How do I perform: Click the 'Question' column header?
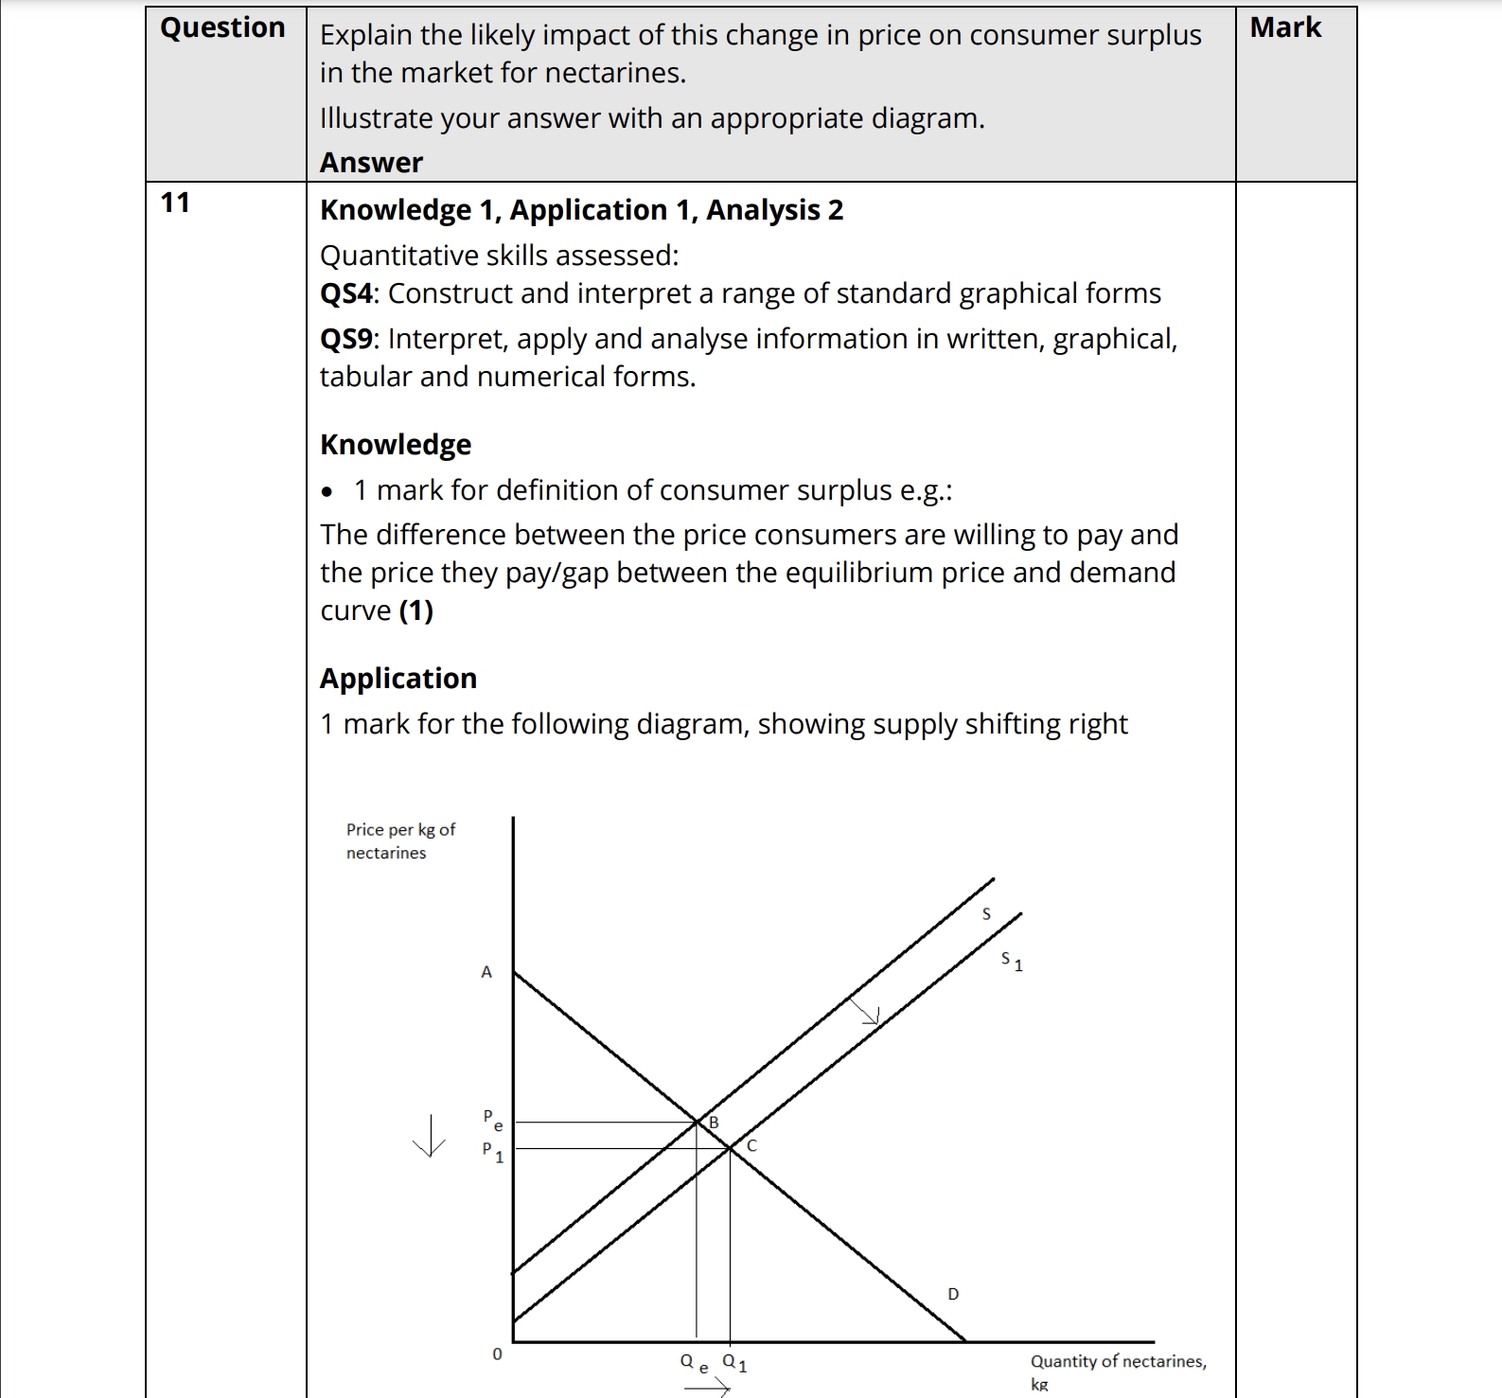[222, 28]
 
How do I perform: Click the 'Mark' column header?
[1285, 28]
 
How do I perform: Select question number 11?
[175, 203]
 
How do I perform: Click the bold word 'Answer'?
[371, 163]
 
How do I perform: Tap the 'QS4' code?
[346, 293]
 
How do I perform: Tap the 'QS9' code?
[346, 339]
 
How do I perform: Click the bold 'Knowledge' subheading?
[396, 444]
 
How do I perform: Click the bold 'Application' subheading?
[398, 678]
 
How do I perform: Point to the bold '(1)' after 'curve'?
[416, 611]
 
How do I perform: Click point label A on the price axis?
[486, 972]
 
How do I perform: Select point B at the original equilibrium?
[714, 1122]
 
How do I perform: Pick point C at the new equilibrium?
[751, 1145]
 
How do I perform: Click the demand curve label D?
[953, 1294]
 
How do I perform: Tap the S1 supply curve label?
[1011, 962]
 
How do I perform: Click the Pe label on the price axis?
[492, 1120]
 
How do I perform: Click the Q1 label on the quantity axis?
[734, 1363]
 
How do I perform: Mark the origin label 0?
[497, 1354]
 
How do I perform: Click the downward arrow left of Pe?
[430, 1135]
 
